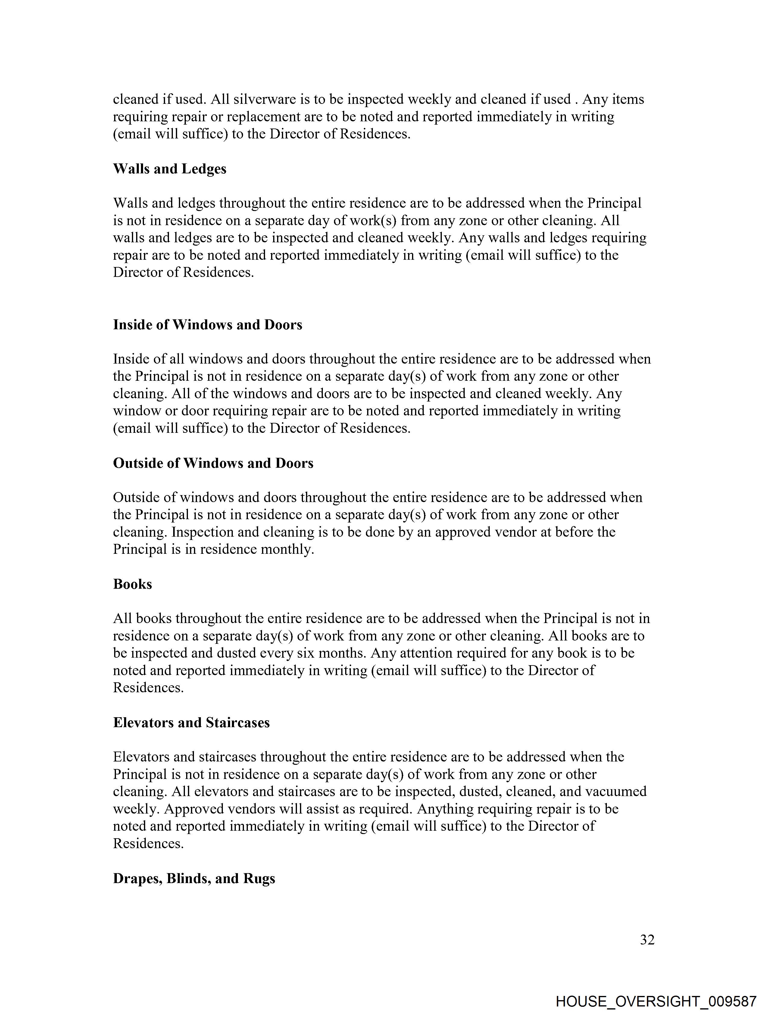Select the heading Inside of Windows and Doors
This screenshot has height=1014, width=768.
tap(208, 325)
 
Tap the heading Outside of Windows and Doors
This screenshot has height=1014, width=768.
tap(213, 464)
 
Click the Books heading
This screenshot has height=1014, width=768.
tap(132, 585)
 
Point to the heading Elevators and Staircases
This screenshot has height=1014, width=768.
tap(191, 723)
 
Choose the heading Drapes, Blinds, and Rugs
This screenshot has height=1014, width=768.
tap(194, 879)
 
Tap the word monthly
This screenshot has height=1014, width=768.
tap(287, 549)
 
